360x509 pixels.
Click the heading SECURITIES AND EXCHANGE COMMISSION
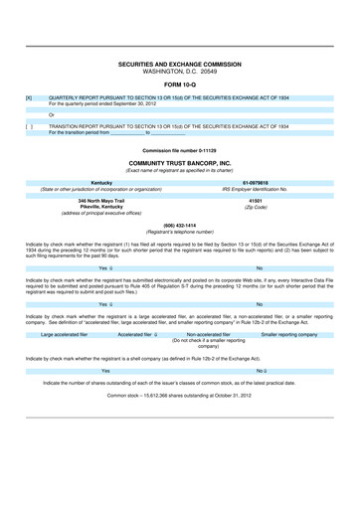tap(180, 63)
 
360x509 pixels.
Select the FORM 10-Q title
tap(180, 84)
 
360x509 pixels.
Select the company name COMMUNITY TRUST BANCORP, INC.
tap(180, 161)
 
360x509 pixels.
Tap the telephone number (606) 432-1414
tap(180, 225)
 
